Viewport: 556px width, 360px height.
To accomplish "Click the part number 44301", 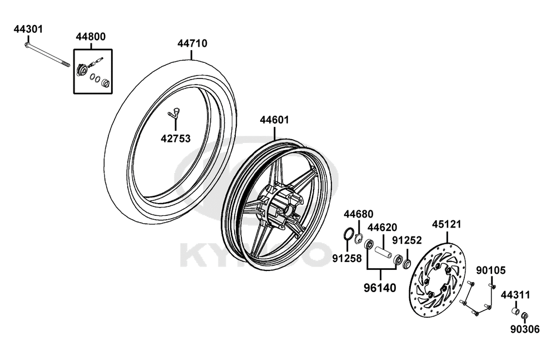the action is (x=28, y=29).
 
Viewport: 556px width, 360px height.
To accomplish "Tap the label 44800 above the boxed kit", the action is (x=91, y=37).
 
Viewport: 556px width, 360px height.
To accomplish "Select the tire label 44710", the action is (x=192, y=43).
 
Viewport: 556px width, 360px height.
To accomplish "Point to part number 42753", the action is (x=176, y=138).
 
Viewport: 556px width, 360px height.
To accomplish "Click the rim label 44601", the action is (x=275, y=120).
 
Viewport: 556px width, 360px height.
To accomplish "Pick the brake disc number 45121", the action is (x=446, y=224).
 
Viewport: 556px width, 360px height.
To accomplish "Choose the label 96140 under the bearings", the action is (x=380, y=288).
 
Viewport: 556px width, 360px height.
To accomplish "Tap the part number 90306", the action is (x=525, y=329).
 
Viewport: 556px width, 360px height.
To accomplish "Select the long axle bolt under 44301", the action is (x=48, y=56).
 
